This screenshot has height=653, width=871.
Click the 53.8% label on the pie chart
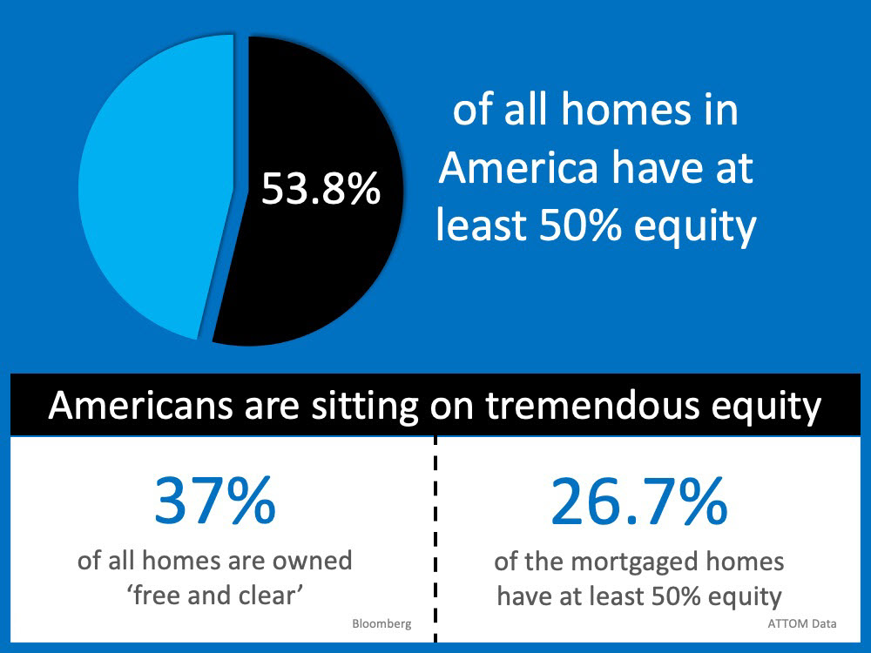[321, 189]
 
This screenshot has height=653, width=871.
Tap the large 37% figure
[215, 501]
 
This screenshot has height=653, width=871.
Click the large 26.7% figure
[638, 502]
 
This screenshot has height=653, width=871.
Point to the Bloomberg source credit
[381, 623]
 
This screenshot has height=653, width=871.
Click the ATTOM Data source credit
[802, 623]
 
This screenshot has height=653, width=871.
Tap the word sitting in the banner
[364, 407]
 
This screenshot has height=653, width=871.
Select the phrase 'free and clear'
[215, 596]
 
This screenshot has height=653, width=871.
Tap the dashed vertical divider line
[435, 539]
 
